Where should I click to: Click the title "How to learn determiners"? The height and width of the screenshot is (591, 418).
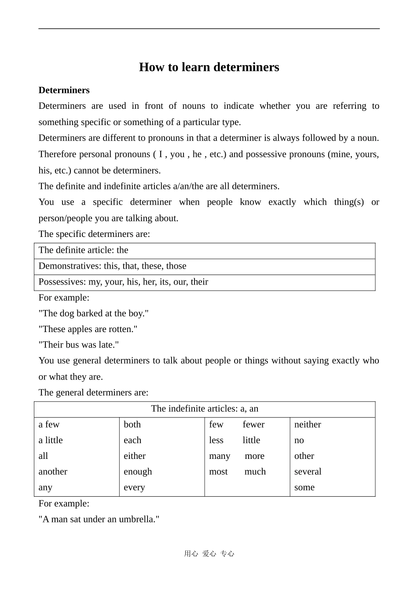click(209, 67)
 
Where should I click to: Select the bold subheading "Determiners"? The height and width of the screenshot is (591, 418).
click(64, 90)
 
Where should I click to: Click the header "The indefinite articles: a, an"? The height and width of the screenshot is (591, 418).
click(205, 409)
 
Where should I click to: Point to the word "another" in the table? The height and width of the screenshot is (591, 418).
click(53, 472)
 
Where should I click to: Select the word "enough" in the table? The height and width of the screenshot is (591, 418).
click(138, 472)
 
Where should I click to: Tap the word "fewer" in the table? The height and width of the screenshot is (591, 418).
click(253, 425)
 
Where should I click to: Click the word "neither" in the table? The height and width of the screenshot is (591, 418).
click(308, 425)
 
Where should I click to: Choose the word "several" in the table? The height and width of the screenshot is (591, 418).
click(308, 472)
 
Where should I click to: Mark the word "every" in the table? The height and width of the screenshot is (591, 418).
click(134, 488)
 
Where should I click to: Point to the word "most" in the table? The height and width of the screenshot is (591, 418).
click(218, 472)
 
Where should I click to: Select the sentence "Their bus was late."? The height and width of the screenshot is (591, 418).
click(79, 345)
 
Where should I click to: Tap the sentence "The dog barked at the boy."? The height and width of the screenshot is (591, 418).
click(94, 314)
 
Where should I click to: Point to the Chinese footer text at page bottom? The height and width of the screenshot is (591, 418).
click(209, 554)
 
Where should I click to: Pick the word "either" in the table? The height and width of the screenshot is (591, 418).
click(135, 456)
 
